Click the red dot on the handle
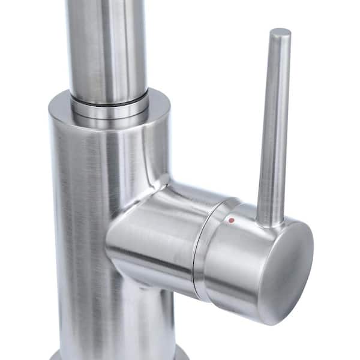[232, 221]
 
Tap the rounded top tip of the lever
[280, 32]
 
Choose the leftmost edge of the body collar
[49, 111]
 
